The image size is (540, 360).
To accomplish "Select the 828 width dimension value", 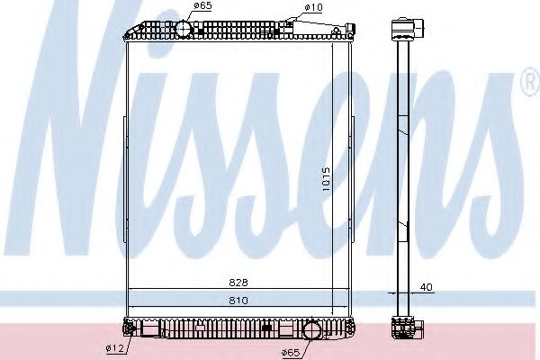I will tap(238, 281).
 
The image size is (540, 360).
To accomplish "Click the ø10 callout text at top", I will tap(313, 8).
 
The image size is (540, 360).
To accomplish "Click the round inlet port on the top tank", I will tap(185, 29).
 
